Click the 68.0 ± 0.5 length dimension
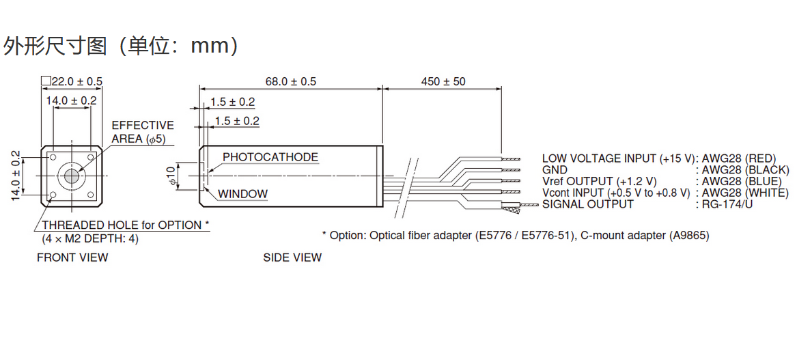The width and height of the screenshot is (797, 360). pos(290,81)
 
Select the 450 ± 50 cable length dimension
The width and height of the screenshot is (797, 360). pos(443,81)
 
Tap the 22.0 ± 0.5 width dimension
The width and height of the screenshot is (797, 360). pos(72,81)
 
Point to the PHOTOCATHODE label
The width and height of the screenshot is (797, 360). pos(270,157)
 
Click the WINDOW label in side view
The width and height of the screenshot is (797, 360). pos(243,194)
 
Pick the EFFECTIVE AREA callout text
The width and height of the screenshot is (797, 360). pos(143,132)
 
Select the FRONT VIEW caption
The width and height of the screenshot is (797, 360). pos(72,258)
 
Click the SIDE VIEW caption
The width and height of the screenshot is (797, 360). pos(292,258)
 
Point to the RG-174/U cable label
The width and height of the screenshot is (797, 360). pos(727,204)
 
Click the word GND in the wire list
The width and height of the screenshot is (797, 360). pos(555,170)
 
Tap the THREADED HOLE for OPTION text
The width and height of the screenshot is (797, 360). pos(125,225)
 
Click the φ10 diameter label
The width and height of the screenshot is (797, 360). pos(171,176)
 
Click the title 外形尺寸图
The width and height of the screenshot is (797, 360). pos(55,46)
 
